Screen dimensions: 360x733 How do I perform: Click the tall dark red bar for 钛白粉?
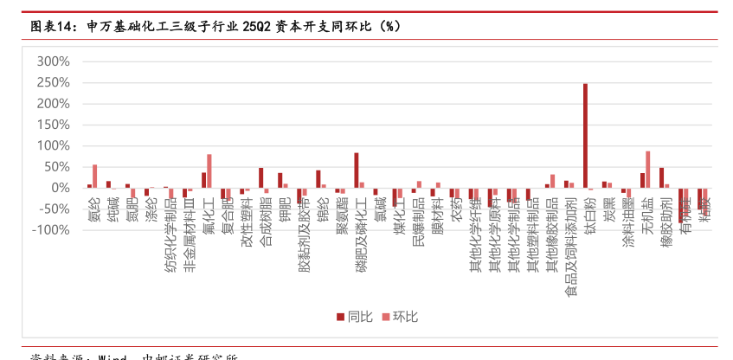(585, 136)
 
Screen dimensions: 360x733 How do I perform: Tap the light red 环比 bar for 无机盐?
(647, 169)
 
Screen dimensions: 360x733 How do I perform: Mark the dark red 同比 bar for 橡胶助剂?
(661, 177)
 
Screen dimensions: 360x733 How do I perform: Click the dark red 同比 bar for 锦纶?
(318, 178)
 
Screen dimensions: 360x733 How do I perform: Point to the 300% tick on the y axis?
(54, 61)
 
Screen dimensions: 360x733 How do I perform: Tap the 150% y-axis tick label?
(54, 125)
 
